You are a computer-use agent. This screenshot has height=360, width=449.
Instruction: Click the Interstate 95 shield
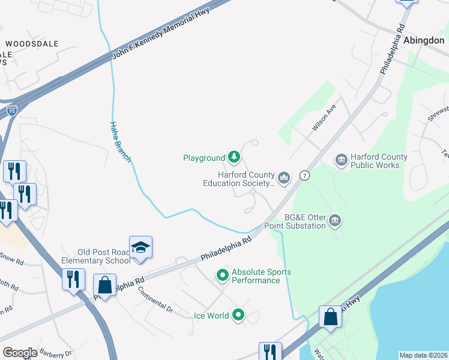pos(13,110)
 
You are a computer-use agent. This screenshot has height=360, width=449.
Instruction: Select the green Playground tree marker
pos(234,158)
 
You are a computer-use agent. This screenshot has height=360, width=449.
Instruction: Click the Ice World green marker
pos(238,315)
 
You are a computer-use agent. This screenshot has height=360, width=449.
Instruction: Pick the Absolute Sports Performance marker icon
pos(223,276)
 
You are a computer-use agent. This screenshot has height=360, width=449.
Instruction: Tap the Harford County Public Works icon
pos(341,160)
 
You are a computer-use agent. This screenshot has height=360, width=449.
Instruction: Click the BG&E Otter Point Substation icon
pos(335,221)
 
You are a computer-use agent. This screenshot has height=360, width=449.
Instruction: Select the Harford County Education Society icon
pos(284,178)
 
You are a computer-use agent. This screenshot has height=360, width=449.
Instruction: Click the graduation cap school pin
pos(140,248)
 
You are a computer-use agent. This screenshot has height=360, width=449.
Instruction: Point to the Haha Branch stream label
pos(119,141)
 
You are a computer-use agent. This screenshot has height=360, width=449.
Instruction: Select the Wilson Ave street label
pos(323,117)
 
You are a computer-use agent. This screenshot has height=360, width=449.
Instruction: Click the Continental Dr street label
pos(155,300)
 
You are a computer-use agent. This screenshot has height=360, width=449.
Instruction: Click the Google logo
pos(20,353)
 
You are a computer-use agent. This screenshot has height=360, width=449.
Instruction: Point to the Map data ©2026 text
pos(424,355)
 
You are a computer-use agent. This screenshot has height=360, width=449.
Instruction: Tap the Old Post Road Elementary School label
pos(96,256)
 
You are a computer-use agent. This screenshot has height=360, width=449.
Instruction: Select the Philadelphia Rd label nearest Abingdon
pos(392,49)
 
